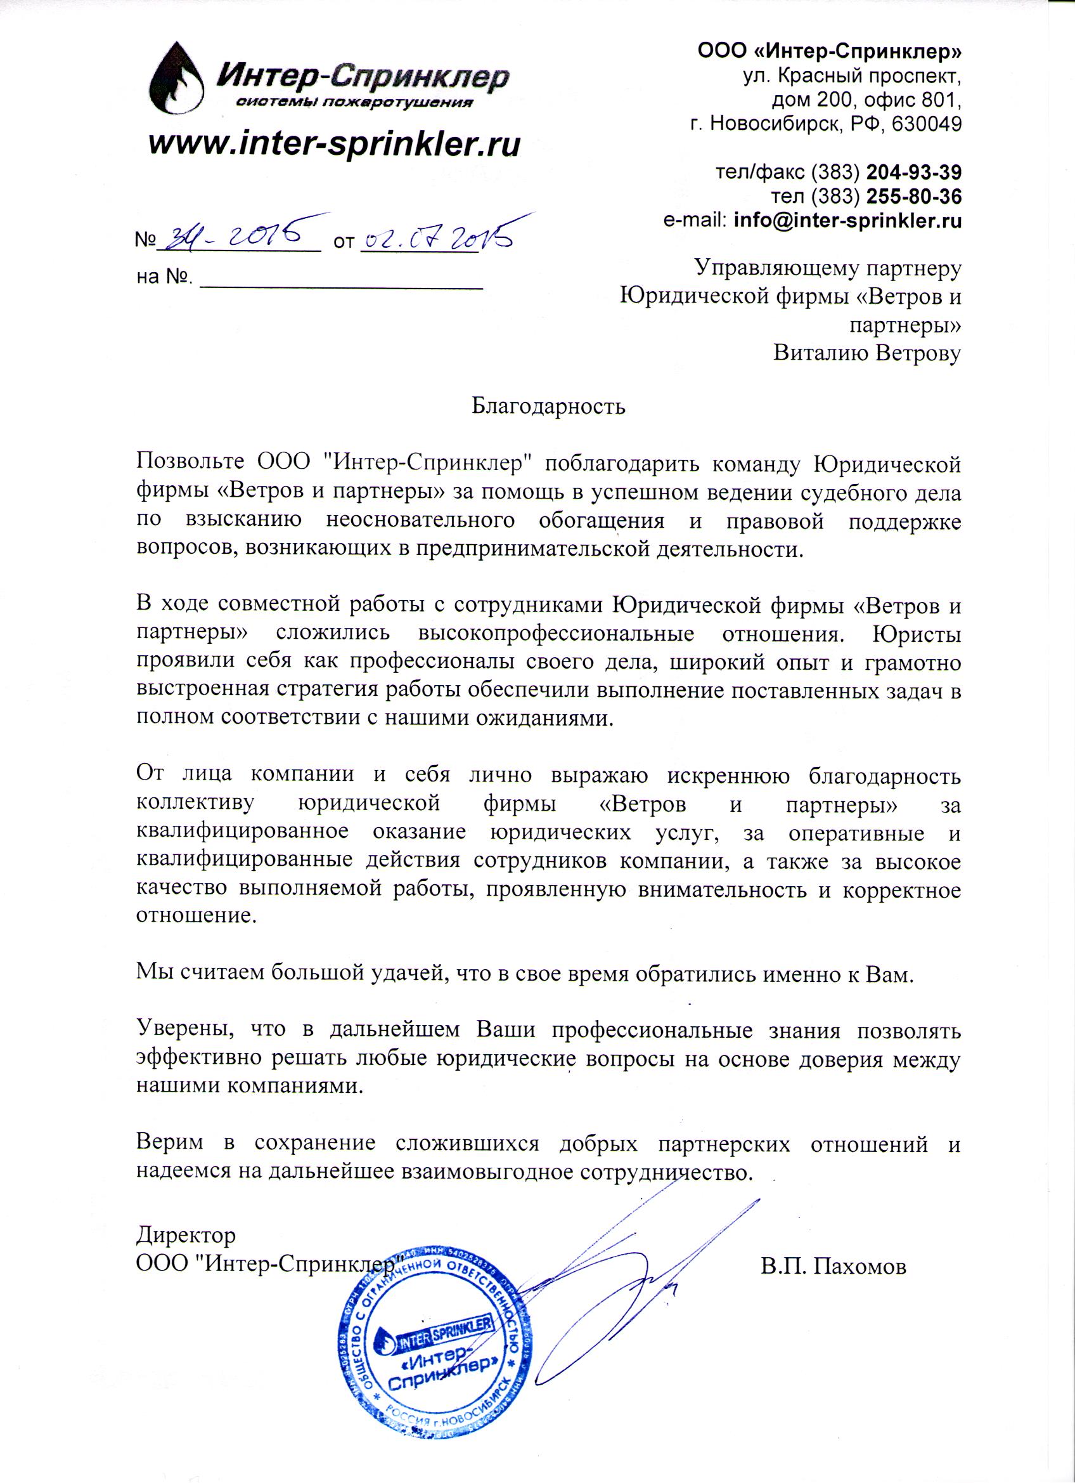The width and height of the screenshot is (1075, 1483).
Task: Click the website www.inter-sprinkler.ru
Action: (x=334, y=144)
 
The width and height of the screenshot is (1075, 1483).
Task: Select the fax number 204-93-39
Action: (x=913, y=173)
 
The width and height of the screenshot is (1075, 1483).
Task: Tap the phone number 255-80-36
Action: (x=913, y=197)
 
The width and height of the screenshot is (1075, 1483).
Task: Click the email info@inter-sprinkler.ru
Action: (x=847, y=221)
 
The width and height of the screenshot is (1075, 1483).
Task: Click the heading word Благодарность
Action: (x=548, y=407)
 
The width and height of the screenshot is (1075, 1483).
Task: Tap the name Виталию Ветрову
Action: (x=867, y=354)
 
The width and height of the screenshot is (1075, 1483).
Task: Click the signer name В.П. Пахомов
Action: (x=834, y=1267)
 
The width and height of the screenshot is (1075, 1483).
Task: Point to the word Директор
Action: (x=186, y=1235)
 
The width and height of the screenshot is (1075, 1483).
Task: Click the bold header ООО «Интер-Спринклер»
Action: (x=830, y=51)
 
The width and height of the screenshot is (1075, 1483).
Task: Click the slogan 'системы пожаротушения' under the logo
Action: (x=353, y=103)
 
